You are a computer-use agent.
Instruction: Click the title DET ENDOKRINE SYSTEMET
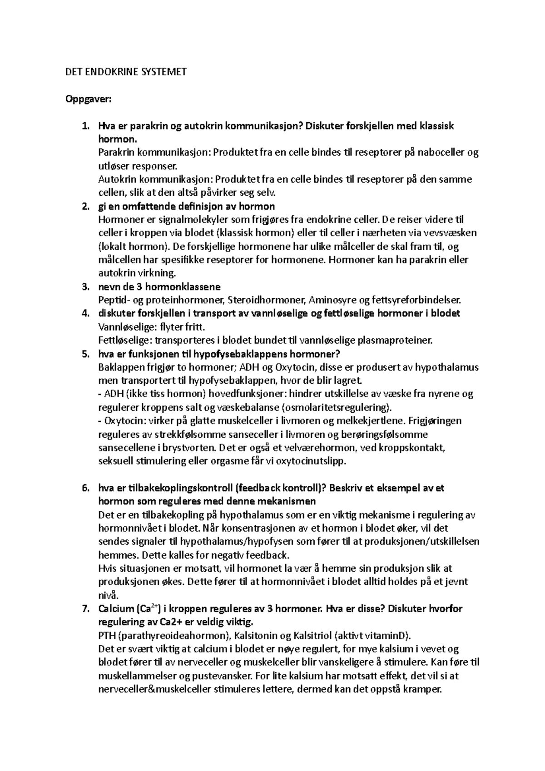pyautogui.click(x=126, y=72)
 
